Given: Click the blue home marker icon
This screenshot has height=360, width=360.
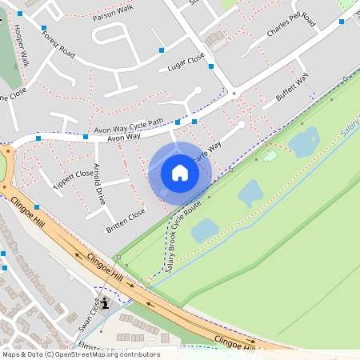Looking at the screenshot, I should click(180, 172).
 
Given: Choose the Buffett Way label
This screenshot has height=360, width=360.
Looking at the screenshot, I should click(291, 88).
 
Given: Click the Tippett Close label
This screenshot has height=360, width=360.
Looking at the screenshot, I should click(72, 174).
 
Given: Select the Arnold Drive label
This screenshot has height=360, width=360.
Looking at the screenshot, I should click(99, 184).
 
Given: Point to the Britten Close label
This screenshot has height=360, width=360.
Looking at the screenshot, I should click(126, 222).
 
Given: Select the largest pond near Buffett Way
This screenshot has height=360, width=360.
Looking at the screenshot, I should click(303, 143).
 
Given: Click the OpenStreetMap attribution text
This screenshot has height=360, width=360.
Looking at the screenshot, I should click(80, 354).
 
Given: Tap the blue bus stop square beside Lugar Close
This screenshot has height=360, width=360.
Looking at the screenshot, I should click(162, 50).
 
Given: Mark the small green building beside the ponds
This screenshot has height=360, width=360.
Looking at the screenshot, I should click(270, 156).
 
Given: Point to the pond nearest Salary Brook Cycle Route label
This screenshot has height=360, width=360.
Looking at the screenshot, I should click(205, 230).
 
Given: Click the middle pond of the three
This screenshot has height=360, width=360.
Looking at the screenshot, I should click(250, 192).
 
